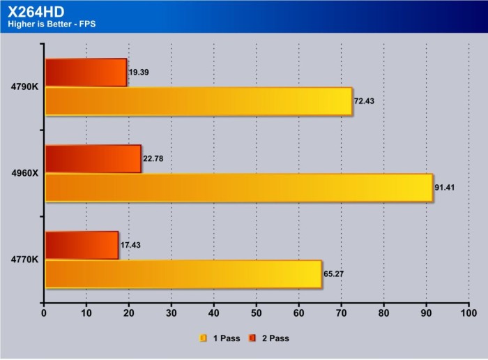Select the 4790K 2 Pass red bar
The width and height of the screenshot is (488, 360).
86,73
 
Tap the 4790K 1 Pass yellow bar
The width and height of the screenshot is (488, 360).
198,101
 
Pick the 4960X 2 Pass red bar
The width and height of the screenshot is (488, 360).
93,159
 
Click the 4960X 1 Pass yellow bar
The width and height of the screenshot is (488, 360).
238,188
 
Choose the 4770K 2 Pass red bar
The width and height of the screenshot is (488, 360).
82,246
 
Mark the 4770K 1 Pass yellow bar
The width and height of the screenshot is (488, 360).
183,274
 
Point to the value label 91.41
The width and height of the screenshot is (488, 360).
447,188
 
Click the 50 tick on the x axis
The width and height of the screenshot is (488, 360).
257,313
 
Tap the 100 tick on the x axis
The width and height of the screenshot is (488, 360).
468,313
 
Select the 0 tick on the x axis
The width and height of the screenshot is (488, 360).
45,313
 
